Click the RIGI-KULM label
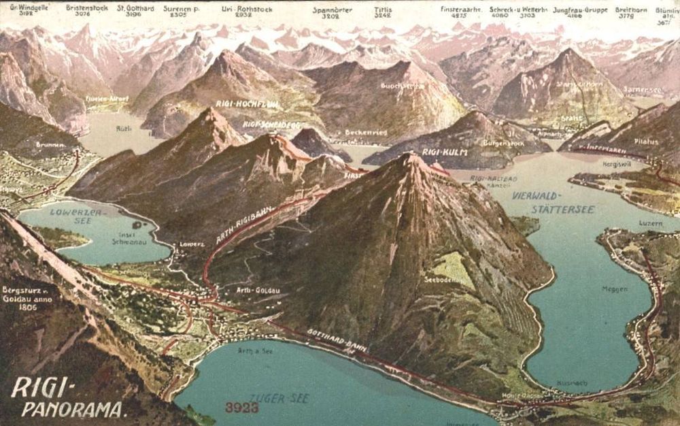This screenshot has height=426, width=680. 445,152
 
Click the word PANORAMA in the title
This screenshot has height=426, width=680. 74,410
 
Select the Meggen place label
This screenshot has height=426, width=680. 614,289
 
